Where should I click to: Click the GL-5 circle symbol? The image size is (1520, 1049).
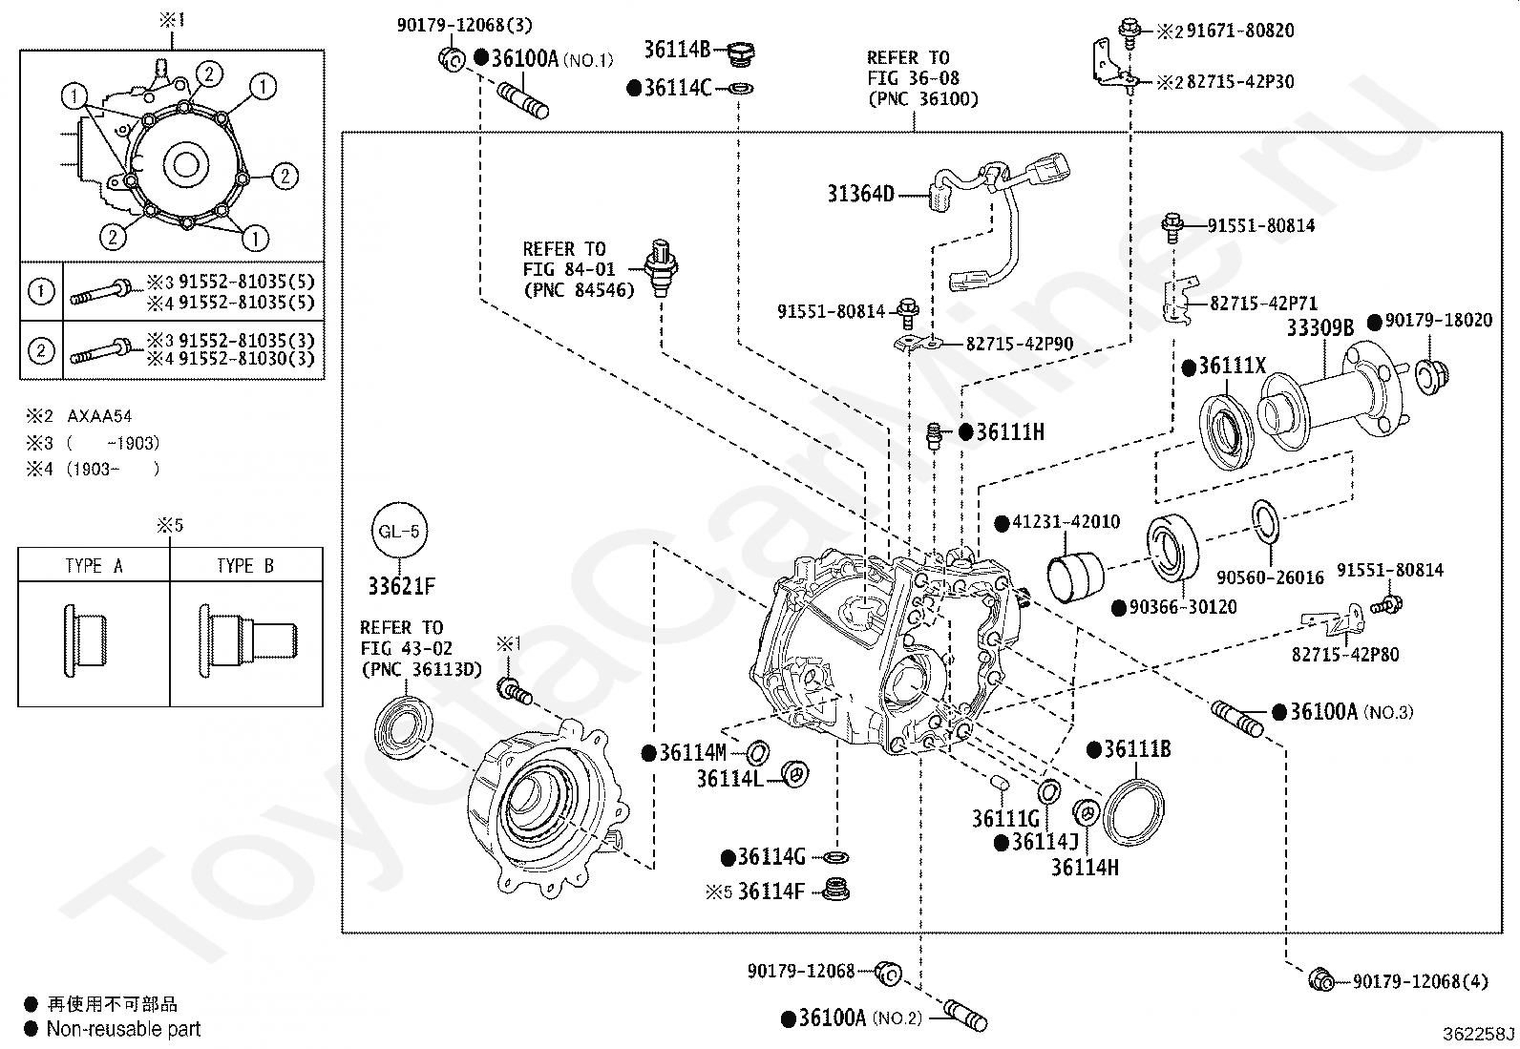tap(399, 531)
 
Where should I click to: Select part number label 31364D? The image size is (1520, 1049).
tap(860, 194)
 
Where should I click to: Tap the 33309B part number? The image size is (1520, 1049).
tap(1320, 328)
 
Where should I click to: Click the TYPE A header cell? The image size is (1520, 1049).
tap(94, 565)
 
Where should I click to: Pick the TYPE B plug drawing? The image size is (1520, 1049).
tap(247, 640)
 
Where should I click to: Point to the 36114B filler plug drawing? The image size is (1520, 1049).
tap(741, 53)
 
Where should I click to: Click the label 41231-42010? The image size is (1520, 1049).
tap(1066, 522)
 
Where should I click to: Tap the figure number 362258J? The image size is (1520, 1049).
tap(1479, 1034)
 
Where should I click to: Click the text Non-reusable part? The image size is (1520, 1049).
tap(123, 1029)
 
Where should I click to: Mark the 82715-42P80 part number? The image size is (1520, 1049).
tap(1345, 655)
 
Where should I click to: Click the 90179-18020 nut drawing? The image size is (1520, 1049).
tap(1432, 376)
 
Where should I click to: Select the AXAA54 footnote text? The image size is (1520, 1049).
tap(99, 416)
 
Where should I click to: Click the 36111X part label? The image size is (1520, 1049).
tap(1232, 367)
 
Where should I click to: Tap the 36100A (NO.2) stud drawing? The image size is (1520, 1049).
tap(965, 1015)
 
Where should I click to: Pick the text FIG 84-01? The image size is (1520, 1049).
tap(569, 269)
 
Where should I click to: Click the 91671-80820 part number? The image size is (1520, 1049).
tap(1240, 31)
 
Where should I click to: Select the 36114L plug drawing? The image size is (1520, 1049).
tap(794, 774)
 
